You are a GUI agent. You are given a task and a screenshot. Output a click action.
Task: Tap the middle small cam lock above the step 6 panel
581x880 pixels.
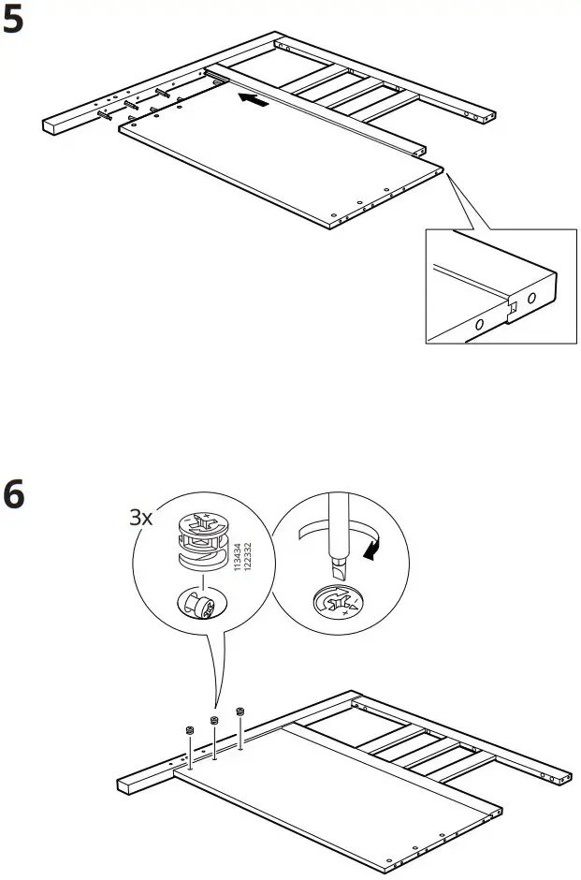click(213, 720)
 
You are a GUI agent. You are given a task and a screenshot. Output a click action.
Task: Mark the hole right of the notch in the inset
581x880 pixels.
click(530, 299)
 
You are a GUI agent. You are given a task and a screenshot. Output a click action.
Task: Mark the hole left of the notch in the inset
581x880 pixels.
click(478, 324)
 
